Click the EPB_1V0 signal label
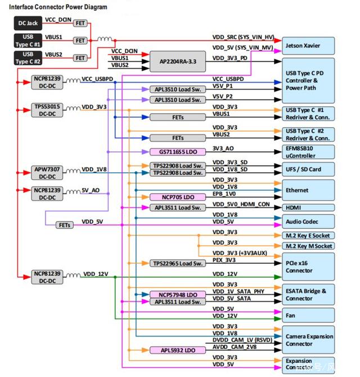click(x=225, y=194)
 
